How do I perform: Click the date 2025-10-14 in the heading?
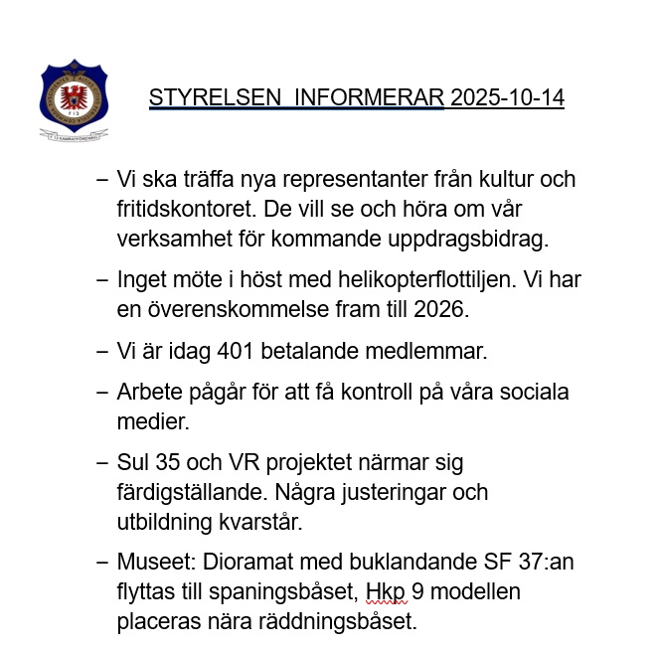coord(507,98)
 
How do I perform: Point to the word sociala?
coord(535,393)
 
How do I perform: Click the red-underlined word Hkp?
coord(382,592)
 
